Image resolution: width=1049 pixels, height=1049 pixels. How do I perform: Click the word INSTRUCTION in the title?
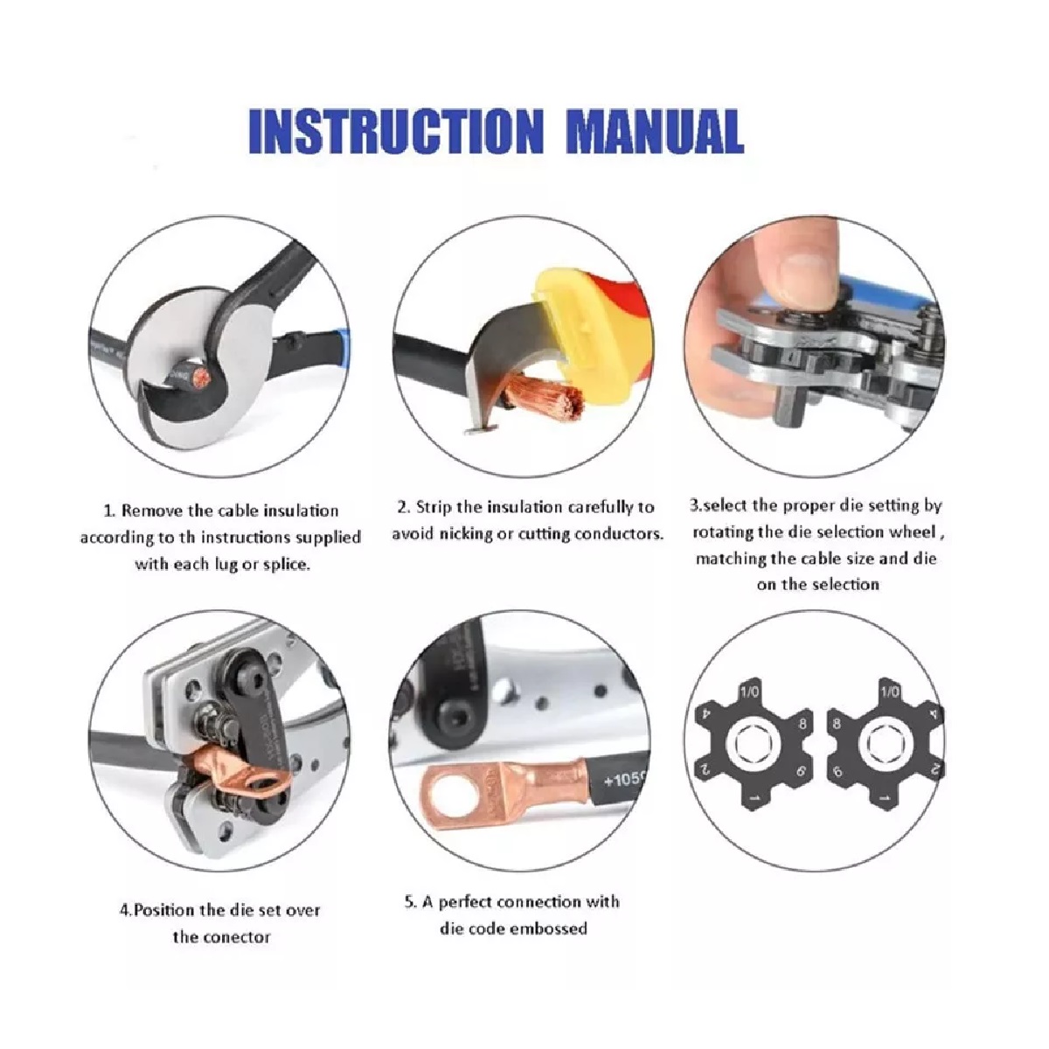tap(396, 131)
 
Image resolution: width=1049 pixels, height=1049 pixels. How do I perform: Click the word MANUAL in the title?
tap(655, 131)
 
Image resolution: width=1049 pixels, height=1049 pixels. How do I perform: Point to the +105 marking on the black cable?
tap(624, 780)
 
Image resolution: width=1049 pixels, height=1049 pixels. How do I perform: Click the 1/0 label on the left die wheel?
tap(749, 691)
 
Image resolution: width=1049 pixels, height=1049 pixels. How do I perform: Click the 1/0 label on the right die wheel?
tap(891, 691)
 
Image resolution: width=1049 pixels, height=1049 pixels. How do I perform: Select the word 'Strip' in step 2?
tap(434, 508)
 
